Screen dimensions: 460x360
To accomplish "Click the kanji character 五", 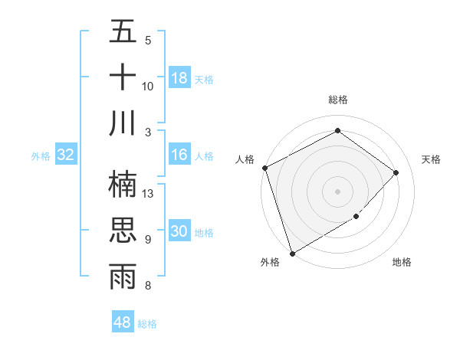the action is (123, 32).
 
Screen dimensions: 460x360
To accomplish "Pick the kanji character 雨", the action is (123, 277).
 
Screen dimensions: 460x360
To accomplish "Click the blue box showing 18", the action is (179, 77).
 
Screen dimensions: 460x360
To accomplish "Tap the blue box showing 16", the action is (179, 155).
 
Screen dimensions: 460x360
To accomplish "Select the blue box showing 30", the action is (179, 232).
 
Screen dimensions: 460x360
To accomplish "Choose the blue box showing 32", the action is (66, 155).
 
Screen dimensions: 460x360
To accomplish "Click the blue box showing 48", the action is (123, 322).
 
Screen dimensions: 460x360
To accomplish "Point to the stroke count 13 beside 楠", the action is (149, 194).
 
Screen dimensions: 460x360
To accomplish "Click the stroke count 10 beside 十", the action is (148, 86).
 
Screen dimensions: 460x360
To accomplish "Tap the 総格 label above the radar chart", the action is (337, 100).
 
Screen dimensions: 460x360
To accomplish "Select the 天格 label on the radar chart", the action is (432, 159).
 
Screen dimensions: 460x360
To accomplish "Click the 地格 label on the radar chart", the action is (402, 262).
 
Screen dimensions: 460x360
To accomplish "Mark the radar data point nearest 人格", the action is (264, 168).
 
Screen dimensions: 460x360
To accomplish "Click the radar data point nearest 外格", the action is (292, 254).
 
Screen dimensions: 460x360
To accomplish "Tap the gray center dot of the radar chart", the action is (337, 191).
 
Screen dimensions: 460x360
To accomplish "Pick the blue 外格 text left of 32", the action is (41, 155).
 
